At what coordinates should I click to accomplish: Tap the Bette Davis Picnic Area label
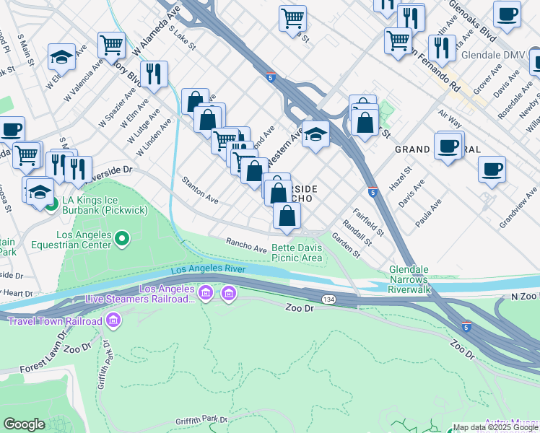pos(296,253)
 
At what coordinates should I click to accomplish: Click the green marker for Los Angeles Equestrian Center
pos(122,237)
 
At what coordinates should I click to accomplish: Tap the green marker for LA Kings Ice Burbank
pos(51,204)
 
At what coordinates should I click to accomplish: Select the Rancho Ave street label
pos(246,246)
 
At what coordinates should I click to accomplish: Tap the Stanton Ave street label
pos(200,188)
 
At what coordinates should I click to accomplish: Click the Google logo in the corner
pos(24,424)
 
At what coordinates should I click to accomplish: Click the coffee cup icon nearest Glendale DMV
pos(507,14)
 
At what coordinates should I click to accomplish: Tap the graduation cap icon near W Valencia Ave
pos(62,57)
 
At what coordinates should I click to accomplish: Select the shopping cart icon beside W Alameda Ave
pos(111,45)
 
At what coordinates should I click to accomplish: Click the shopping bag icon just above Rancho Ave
pos(287,215)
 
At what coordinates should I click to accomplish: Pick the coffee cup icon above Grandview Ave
pos(492,170)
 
